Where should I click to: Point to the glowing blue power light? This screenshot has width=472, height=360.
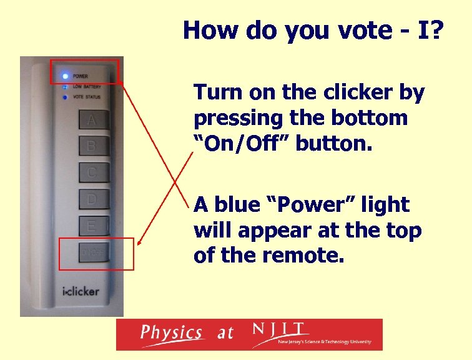[64, 76]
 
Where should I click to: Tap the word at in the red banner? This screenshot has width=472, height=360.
[225, 333]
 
